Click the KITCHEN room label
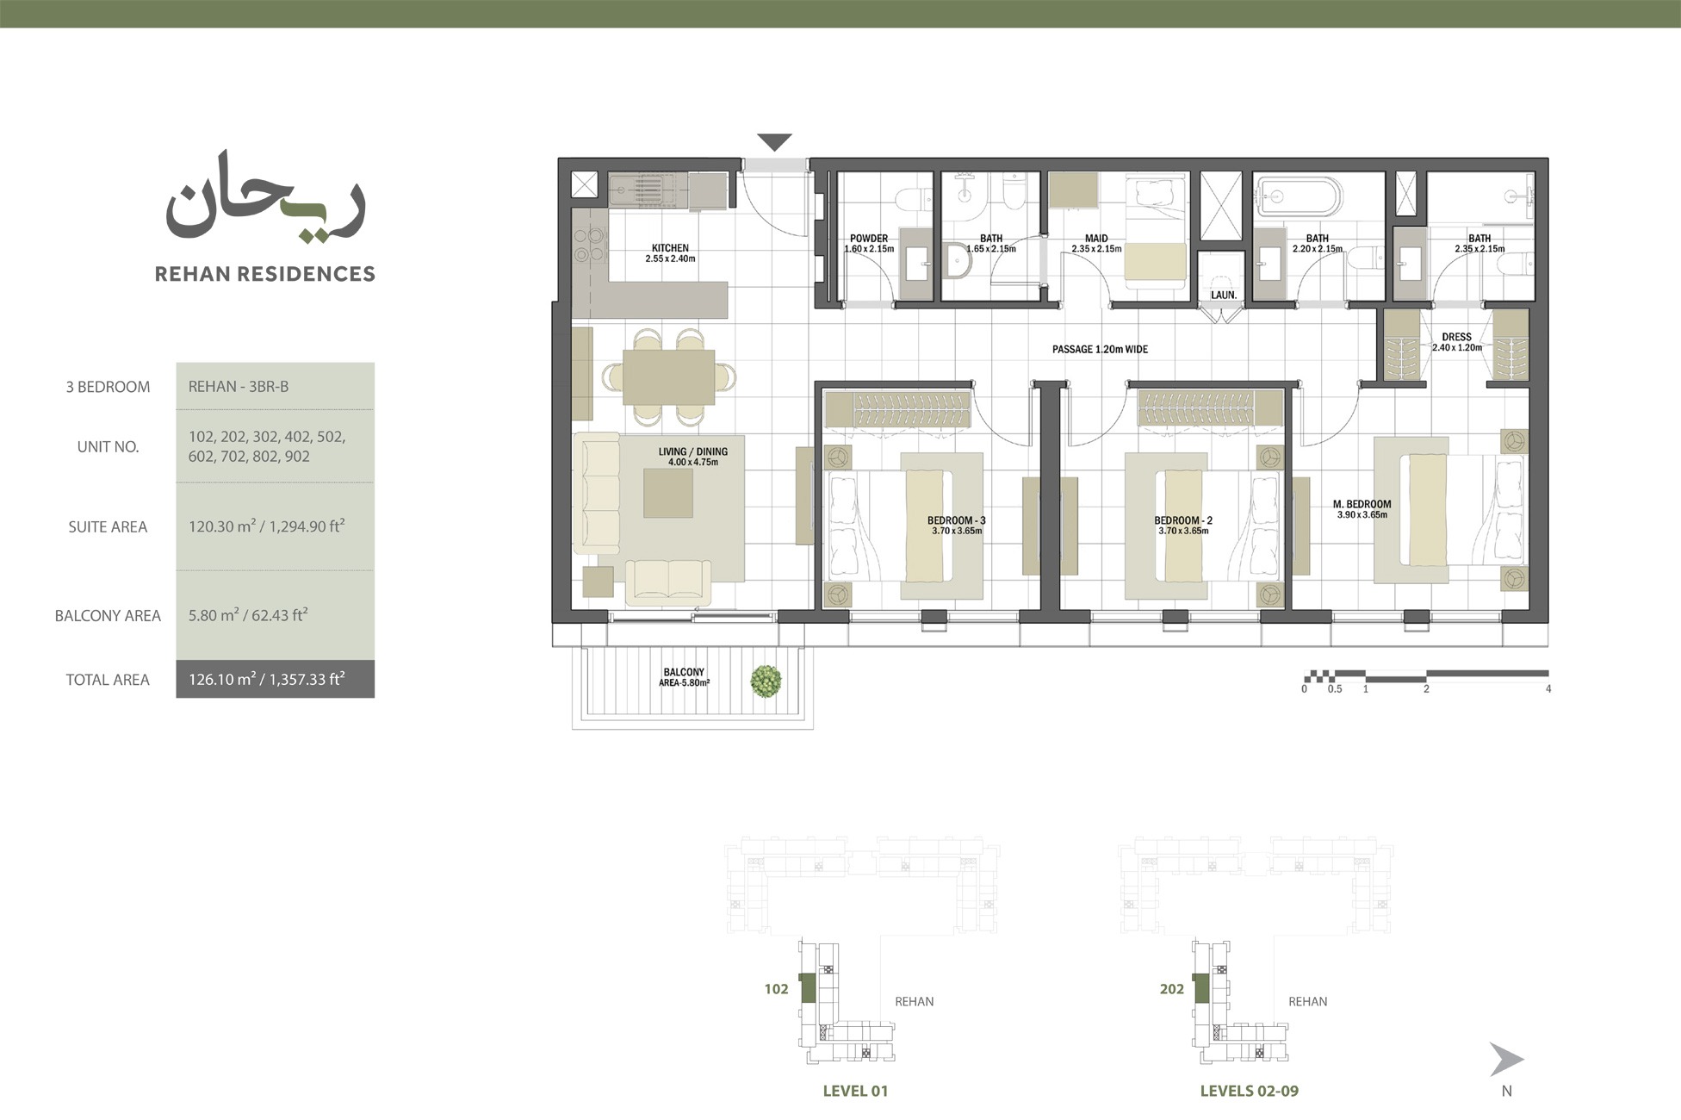(670, 248)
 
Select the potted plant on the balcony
(766, 681)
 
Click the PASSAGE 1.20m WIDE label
(1100, 350)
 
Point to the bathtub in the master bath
(1298, 197)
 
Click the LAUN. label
(1223, 295)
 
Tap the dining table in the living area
(668, 376)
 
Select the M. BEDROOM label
(1362, 505)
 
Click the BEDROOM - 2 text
(1183, 520)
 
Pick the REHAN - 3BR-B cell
(239, 387)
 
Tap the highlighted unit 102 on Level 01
(807, 987)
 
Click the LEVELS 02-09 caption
(1249, 1091)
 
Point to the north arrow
(1506, 1060)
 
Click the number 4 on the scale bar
(1548, 689)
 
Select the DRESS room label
(1456, 337)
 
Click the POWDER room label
(868, 239)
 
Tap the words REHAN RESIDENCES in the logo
(264, 274)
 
